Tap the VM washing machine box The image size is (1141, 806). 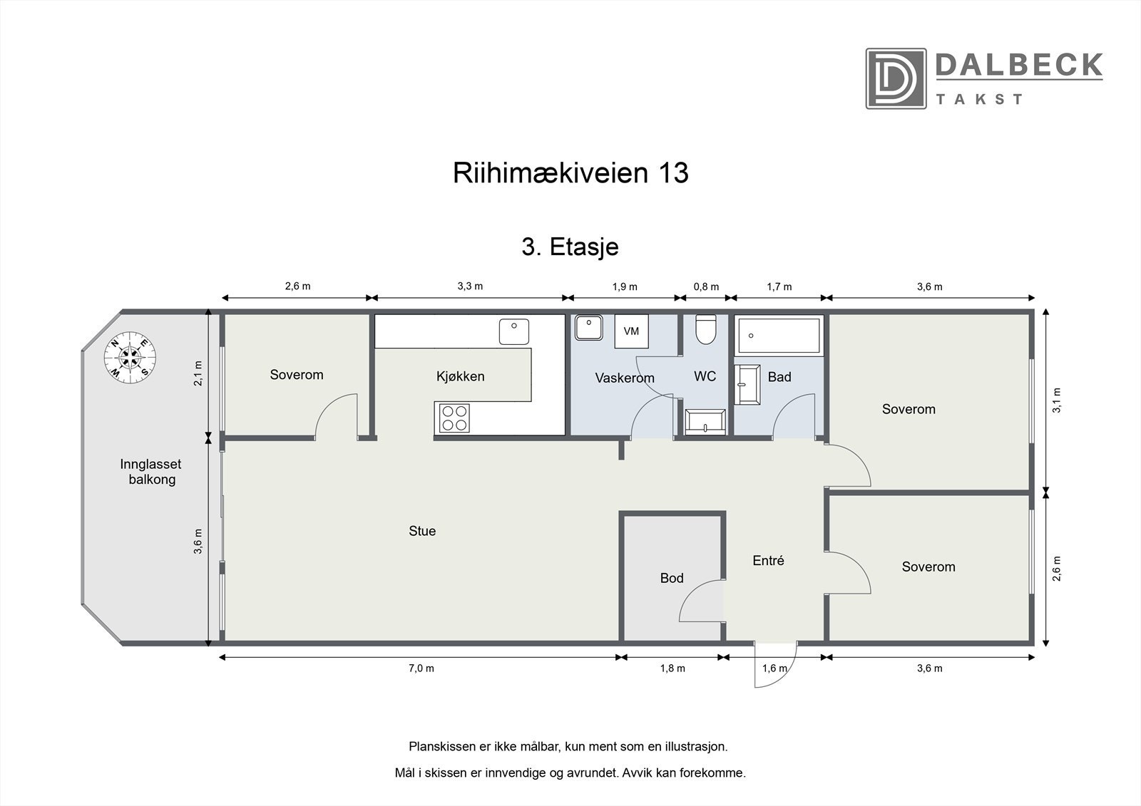coord(631,331)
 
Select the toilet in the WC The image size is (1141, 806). coord(705,330)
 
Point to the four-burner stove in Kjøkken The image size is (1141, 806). coord(454,418)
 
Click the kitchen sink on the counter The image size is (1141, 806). coord(514,332)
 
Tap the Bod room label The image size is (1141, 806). coord(671,578)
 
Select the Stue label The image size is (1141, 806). coord(422,531)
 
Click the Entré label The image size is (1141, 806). coord(768,561)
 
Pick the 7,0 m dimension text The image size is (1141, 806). coord(421,668)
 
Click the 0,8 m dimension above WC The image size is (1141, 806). coord(706,286)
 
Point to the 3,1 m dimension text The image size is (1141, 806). coord(1057,400)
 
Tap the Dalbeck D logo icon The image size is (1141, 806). coord(896,78)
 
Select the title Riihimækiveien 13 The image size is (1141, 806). coord(570,173)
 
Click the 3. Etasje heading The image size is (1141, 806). coord(570,247)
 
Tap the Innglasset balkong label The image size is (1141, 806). coord(151,472)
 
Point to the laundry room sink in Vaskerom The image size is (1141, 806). coord(588,329)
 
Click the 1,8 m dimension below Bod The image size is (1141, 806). coord(672,668)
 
